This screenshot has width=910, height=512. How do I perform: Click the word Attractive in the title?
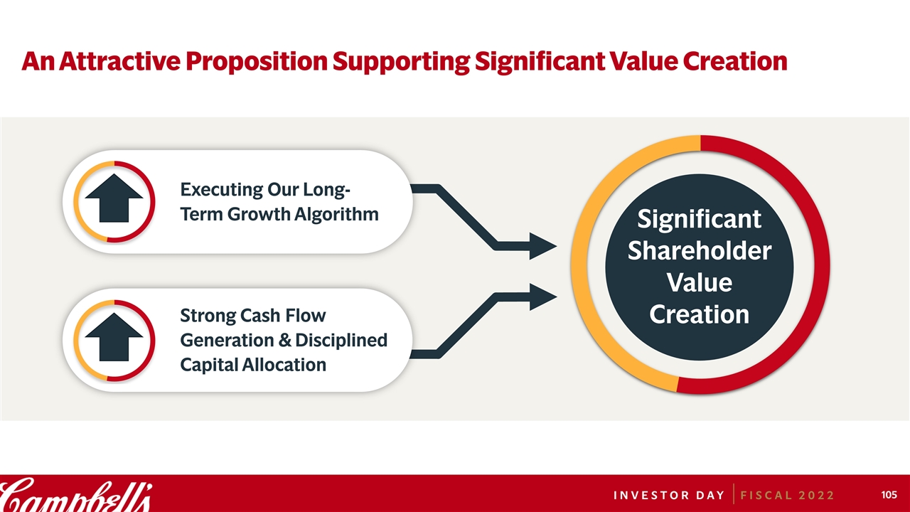tap(120, 61)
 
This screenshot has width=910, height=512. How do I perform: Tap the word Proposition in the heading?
tap(257, 62)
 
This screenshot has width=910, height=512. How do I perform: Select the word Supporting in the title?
tap(401, 62)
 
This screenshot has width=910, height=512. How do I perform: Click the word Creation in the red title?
tap(735, 61)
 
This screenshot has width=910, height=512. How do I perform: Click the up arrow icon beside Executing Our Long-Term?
tap(114, 198)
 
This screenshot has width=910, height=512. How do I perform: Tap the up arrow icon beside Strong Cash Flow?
tap(114, 337)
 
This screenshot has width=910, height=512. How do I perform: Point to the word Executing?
tap(221, 190)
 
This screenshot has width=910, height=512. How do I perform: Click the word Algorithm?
tap(336, 215)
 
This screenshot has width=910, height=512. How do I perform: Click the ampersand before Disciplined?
tap(285, 341)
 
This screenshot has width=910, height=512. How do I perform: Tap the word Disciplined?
tap(341, 340)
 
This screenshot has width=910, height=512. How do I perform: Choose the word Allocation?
tap(284, 365)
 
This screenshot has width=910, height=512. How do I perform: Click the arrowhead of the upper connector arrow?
tap(542, 246)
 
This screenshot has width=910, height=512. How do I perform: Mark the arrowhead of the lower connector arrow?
tap(542, 297)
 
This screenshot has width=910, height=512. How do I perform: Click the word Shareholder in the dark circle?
tap(699, 250)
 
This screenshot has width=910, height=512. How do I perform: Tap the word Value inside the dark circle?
tap(699, 282)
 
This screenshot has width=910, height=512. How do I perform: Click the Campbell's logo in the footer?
tap(76, 496)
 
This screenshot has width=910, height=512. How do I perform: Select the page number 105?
tap(889, 494)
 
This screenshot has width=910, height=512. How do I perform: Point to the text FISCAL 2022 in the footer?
tap(787, 496)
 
